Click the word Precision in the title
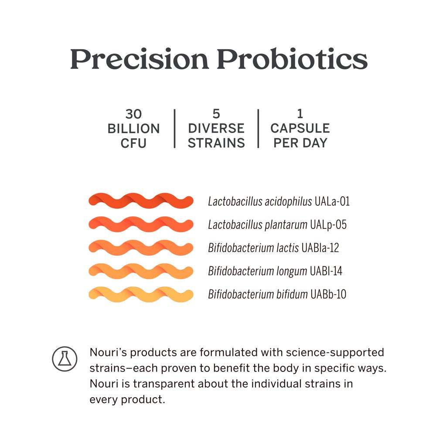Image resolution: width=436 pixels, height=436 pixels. (x=140, y=59)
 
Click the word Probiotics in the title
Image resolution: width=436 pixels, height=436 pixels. (x=292, y=59)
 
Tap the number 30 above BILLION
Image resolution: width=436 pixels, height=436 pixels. (x=133, y=114)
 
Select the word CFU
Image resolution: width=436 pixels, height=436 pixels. (x=133, y=143)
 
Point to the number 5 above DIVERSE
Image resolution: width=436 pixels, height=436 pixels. (x=216, y=114)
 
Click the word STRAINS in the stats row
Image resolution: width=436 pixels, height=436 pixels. (x=216, y=143)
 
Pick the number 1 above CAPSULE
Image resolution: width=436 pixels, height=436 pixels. (x=300, y=113)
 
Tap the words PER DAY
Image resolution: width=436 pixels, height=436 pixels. (x=300, y=143)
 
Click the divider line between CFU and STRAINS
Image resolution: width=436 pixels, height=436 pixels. (x=175, y=129)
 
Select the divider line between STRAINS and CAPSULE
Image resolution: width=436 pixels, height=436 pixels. (x=258, y=129)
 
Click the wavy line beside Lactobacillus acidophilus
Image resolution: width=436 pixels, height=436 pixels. (x=141, y=201)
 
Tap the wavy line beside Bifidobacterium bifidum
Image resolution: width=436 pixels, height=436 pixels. (x=141, y=294)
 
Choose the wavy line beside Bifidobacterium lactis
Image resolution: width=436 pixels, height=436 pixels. (x=141, y=248)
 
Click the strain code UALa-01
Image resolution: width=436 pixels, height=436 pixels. (x=332, y=201)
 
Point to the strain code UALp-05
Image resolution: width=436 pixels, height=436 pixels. (x=328, y=225)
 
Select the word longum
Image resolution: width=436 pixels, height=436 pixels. (x=292, y=272)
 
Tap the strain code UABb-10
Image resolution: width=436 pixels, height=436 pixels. (x=328, y=294)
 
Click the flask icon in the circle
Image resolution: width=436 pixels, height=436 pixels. (x=65, y=359)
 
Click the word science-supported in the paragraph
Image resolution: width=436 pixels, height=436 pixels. (x=335, y=353)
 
